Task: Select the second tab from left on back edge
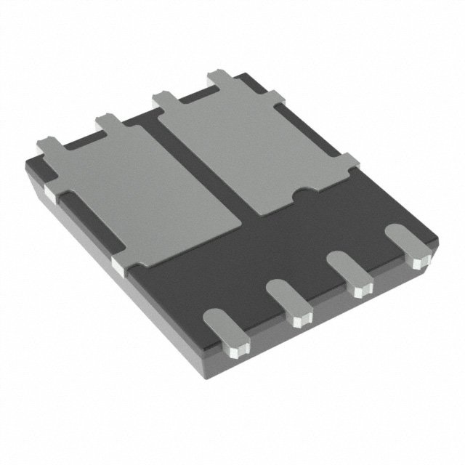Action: [x=108, y=121]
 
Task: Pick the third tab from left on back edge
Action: [x=164, y=98]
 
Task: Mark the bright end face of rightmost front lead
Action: [x=418, y=260]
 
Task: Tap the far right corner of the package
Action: [x=438, y=240]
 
